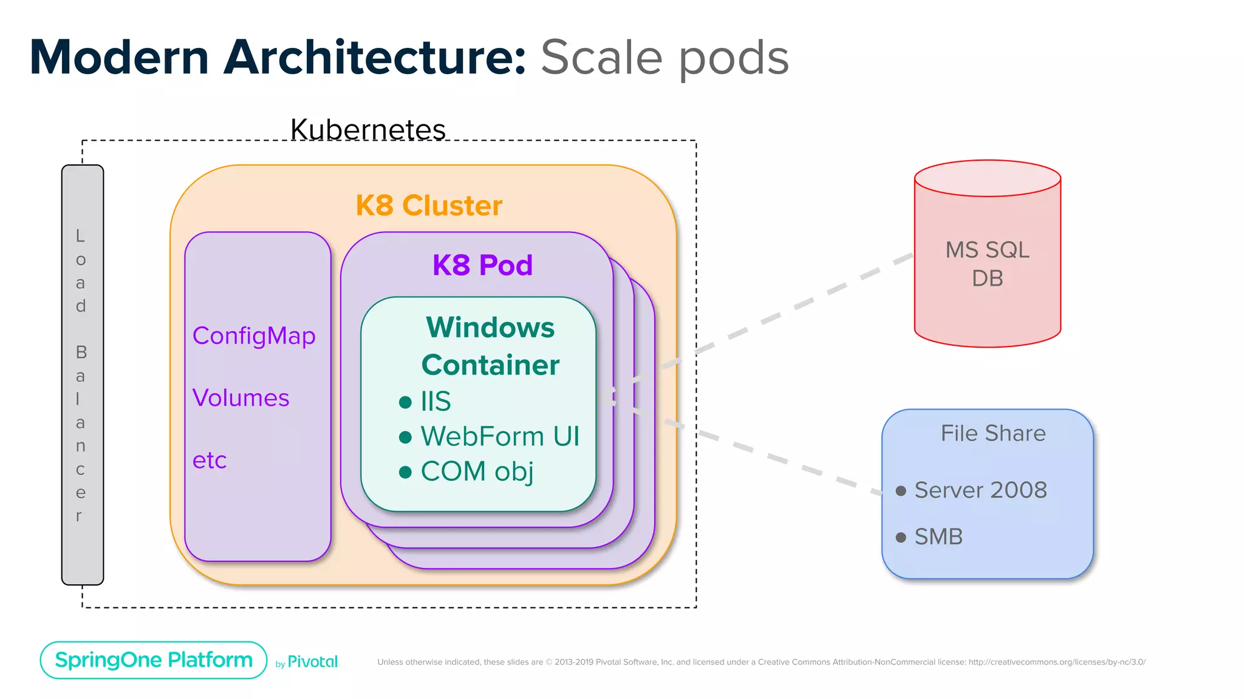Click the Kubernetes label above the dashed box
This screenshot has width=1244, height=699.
tap(367, 129)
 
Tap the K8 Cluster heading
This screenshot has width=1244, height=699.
tap(429, 205)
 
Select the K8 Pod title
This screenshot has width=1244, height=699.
tap(482, 265)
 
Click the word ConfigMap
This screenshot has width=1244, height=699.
tap(254, 336)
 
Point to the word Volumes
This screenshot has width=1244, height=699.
tap(241, 398)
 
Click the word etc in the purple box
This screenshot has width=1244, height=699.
tap(209, 460)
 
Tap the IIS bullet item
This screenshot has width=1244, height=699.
tap(436, 401)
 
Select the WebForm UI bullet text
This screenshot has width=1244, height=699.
tap(499, 436)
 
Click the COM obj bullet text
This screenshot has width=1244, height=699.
tap(477, 471)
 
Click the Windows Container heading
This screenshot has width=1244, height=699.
tap(490, 346)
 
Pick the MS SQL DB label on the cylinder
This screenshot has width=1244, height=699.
tap(987, 264)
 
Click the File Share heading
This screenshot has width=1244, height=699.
tap(993, 433)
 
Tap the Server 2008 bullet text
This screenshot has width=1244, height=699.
tap(980, 490)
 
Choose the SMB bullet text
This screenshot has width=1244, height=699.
tap(938, 536)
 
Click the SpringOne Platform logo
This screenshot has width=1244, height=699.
tap(154, 660)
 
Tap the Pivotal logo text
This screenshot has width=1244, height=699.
tap(312, 661)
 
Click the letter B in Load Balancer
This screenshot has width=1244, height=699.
tap(81, 352)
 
